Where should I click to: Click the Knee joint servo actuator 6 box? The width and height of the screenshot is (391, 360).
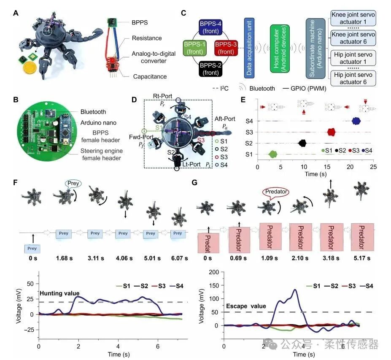[x=353, y=38]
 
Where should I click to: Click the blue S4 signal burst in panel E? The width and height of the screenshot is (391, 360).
[x=356, y=121]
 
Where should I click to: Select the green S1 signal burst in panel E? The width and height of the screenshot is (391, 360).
[x=273, y=154]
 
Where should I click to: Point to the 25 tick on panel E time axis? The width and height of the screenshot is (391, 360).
[x=373, y=167]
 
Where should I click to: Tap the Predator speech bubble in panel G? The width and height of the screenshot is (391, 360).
[x=275, y=192]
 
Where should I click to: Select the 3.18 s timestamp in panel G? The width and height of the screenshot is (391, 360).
[x=330, y=256]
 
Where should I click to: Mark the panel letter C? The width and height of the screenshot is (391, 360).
[x=183, y=13]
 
